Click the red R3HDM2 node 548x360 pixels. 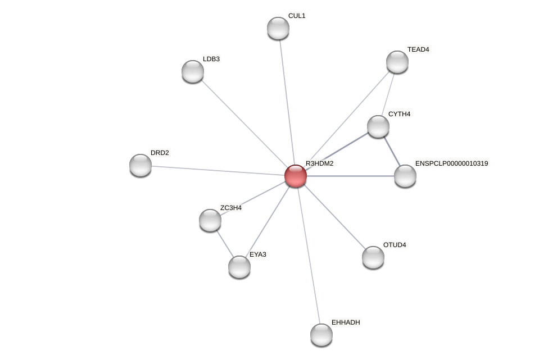[295, 176]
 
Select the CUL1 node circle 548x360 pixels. [278, 28]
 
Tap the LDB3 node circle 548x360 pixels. [193, 71]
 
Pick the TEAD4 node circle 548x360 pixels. [397, 62]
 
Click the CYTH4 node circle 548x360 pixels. [378, 126]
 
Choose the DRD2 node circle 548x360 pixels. [141, 165]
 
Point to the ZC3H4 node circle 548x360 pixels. [210, 220]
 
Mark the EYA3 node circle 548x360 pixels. [239, 267]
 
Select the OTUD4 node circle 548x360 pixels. [373, 257]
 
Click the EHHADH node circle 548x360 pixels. [321, 335]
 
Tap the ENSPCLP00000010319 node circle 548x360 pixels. [405, 176]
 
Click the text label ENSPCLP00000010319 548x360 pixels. [451, 163]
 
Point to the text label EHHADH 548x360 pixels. [345, 322]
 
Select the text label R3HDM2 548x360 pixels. [319, 163]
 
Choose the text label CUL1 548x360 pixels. [296, 16]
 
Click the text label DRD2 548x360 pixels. [160, 153]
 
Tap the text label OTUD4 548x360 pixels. [394, 245]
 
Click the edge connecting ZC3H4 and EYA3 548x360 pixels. [225, 244]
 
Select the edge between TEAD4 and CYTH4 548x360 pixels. [388, 93]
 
